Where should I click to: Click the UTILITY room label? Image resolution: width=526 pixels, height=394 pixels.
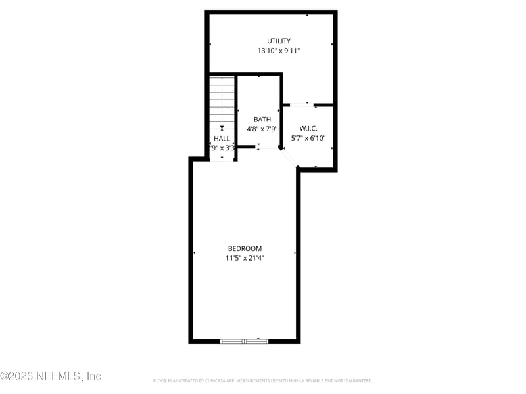pyautogui.click(x=279, y=41)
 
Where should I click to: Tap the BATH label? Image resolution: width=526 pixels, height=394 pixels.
pyautogui.click(x=262, y=120)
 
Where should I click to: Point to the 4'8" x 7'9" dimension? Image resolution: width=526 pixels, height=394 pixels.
pyautogui.click(x=262, y=129)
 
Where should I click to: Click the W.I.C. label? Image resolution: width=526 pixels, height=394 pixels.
pyautogui.click(x=308, y=129)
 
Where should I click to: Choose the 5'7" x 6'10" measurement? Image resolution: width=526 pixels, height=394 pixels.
pyautogui.click(x=308, y=139)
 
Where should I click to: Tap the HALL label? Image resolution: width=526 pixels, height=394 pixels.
pyautogui.click(x=222, y=139)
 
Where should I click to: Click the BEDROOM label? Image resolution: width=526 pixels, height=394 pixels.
pyautogui.click(x=245, y=248)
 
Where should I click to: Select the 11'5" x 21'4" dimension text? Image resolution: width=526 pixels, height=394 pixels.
pyautogui.click(x=245, y=258)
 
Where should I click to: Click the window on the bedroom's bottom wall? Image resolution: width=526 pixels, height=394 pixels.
pyautogui.click(x=244, y=341)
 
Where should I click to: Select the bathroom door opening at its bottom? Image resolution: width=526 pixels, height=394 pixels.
pyautogui.click(x=268, y=148)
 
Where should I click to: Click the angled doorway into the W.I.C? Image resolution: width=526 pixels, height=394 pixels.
pyautogui.click(x=290, y=160)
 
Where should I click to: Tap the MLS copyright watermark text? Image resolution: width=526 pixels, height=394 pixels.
pyautogui.click(x=51, y=376)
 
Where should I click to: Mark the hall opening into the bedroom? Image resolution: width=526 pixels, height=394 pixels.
pyautogui.click(x=222, y=158)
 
